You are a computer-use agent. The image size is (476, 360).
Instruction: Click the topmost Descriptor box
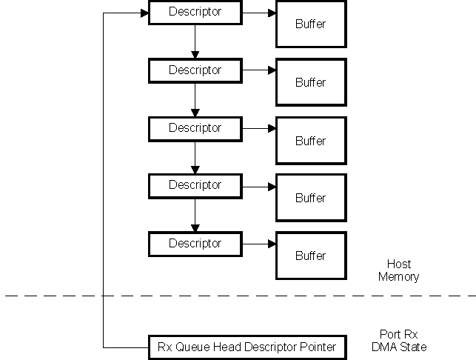[195, 13]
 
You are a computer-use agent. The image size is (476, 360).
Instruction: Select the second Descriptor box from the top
[195, 70]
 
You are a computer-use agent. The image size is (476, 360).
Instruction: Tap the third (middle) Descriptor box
[195, 128]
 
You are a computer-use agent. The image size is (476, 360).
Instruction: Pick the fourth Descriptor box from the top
[195, 185]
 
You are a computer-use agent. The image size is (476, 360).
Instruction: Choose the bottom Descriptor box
[195, 244]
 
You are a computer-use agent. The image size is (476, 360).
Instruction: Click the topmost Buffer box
[310, 24]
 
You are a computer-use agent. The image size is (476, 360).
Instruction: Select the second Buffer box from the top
[310, 82]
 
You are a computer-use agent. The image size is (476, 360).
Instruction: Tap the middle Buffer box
[310, 140]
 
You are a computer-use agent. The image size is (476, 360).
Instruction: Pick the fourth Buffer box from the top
[310, 198]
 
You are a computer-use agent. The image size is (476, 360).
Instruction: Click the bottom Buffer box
[310, 256]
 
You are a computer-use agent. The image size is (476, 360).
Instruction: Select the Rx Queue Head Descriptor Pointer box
[247, 347]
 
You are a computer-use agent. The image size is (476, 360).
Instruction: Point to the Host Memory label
[398, 270]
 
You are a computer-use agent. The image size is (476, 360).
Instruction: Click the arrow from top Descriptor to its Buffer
[259, 13]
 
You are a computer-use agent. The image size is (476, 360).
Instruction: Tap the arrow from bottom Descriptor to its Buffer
[259, 244]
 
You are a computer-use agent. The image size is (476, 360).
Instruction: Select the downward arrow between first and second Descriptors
[195, 41]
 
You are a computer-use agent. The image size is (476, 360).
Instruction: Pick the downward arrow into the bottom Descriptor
[195, 215]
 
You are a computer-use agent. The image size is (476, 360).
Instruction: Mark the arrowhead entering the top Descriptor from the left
[144, 13]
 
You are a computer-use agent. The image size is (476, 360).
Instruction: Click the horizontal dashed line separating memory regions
[237, 296]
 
